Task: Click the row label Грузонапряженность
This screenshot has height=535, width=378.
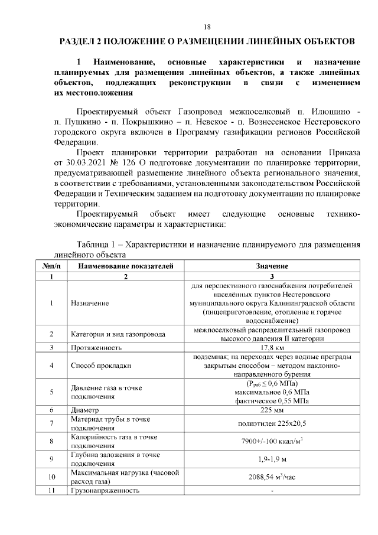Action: point(105,491)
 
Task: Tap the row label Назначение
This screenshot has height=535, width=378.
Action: point(90,303)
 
